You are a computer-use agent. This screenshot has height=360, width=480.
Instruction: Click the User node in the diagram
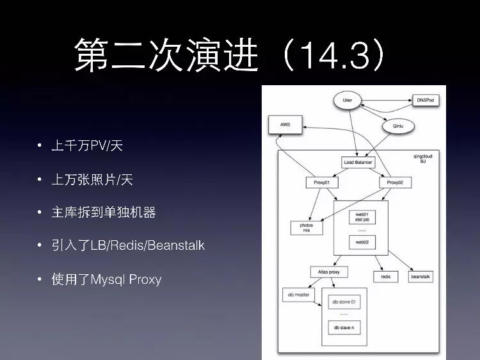click(348, 101)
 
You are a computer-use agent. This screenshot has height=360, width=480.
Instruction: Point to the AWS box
click(285, 124)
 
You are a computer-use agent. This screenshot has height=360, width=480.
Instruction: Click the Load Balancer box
click(358, 162)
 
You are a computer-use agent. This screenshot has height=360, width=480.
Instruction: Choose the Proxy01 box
click(321, 183)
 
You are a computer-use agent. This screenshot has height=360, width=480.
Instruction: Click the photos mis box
click(307, 227)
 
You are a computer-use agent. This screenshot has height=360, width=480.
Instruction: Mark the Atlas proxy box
click(328, 272)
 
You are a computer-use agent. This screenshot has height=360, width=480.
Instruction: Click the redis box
click(386, 277)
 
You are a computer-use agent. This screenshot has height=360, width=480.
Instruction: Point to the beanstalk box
click(421, 277)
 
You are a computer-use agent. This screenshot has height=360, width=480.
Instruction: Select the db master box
click(298, 295)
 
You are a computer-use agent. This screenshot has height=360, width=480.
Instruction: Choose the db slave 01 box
click(344, 301)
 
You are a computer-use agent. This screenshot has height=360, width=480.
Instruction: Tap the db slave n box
click(344, 328)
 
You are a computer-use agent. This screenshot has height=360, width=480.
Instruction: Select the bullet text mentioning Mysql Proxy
click(106, 279)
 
